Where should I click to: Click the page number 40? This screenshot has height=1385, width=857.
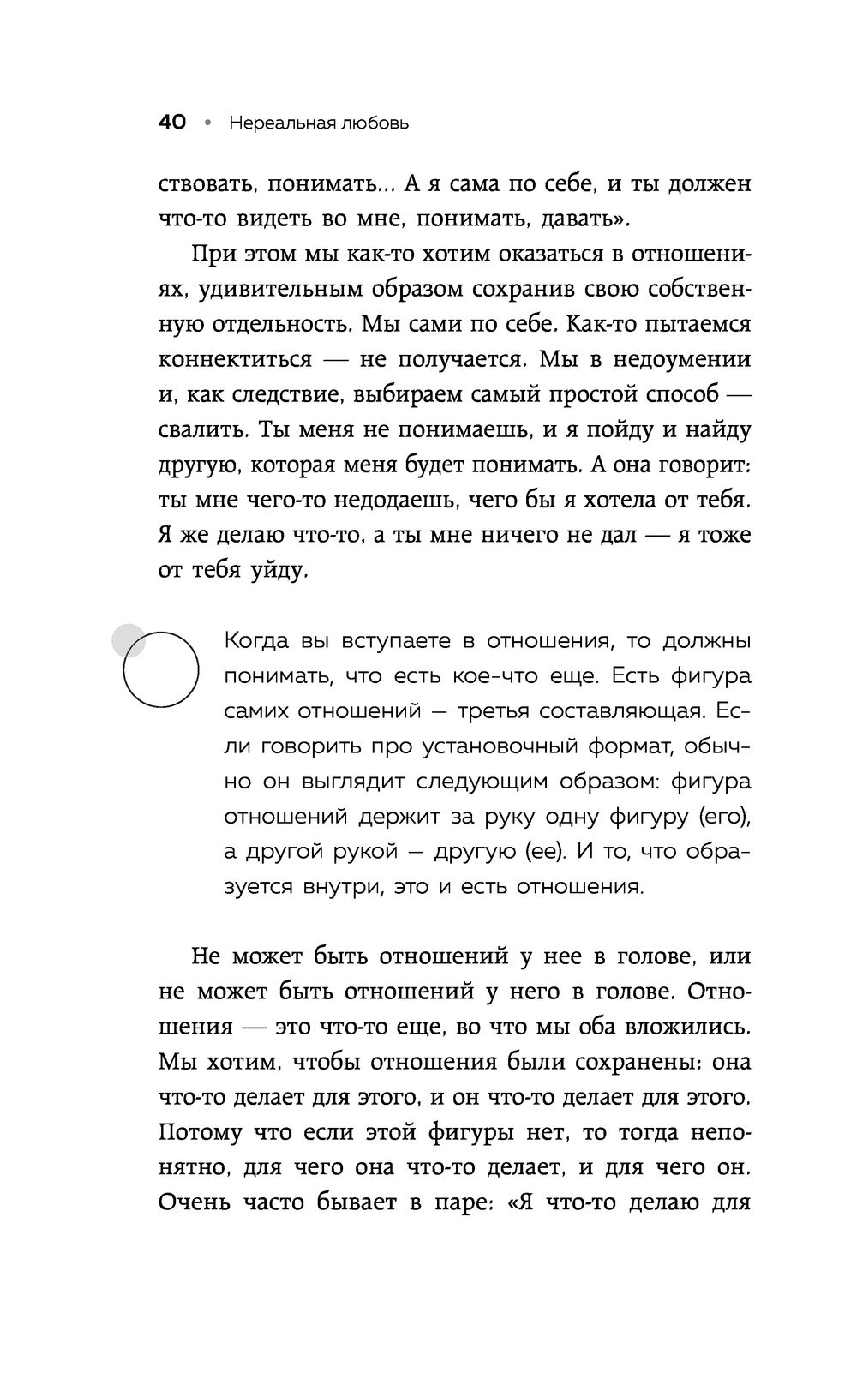[x=172, y=123]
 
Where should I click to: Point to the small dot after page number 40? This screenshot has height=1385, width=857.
[x=207, y=123]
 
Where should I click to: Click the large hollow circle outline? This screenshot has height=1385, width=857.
[x=161, y=669]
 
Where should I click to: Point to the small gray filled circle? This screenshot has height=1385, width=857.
[x=128, y=639]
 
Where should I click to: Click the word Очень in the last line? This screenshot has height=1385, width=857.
[x=195, y=1202]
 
